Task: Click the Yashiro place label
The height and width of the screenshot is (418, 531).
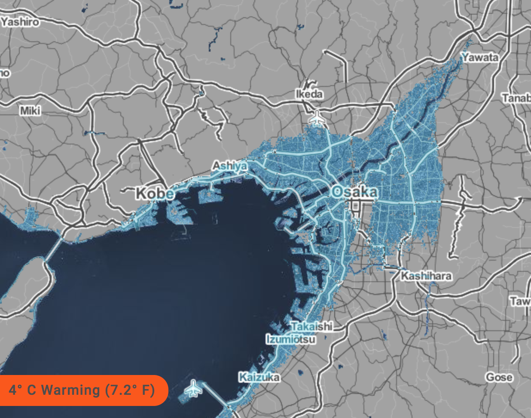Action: pos(20,22)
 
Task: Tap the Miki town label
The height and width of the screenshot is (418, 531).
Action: pos(31,111)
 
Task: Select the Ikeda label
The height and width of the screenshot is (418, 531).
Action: pos(309,94)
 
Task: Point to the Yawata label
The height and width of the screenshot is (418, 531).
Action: pos(480,57)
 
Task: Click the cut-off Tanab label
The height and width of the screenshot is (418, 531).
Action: pos(517,98)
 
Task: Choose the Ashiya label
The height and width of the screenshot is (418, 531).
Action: pos(230,166)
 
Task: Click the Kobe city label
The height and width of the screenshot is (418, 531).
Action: pos(155,194)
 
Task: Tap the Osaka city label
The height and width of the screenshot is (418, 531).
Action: pos(355,192)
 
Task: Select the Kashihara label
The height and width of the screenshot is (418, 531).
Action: pos(426,276)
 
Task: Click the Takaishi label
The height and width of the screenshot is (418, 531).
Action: pos(312,326)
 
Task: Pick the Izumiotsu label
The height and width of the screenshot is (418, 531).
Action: pos(291,339)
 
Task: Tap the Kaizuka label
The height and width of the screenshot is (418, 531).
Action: pos(259,378)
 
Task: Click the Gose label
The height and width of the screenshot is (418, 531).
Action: pos(499,377)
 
